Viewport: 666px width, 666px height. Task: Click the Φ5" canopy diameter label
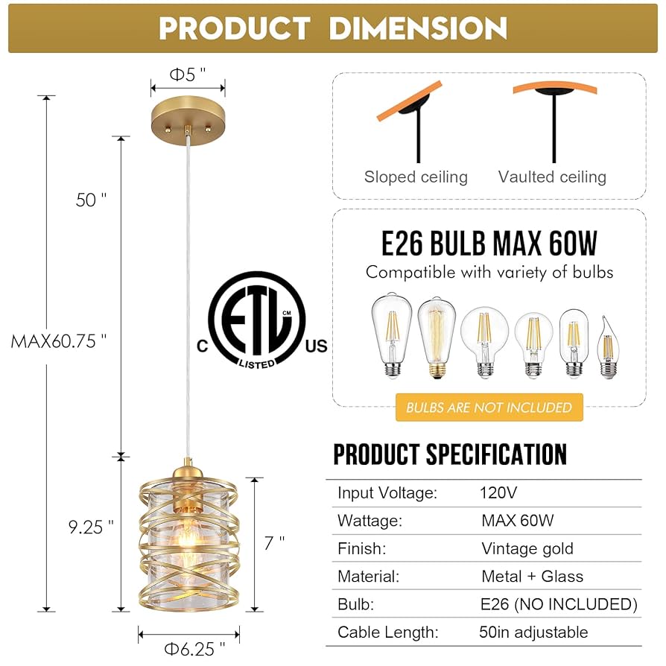tap(187, 74)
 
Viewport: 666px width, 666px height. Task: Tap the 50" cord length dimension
tap(91, 200)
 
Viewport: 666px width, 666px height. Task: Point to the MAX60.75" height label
tap(59, 342)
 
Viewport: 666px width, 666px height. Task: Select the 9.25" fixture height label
tap(91, 527)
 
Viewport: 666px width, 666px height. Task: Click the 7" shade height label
tap(274, 542)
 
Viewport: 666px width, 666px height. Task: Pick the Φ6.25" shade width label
tap(191, 649)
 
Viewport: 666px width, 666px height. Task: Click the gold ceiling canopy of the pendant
tap(188, 117)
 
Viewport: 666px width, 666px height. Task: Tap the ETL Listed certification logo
tap(257, 320)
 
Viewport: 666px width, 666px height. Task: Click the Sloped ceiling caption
tap(416, 177)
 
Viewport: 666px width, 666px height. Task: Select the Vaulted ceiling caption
tap(552, 177)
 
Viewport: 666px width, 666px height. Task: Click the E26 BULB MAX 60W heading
tap(489, 244)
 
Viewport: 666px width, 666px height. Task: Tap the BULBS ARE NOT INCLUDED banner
tap(489, 407)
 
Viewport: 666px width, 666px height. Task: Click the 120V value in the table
tap(498, 492)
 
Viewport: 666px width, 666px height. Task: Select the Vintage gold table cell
tap(527, 549)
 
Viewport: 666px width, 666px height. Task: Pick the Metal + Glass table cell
tap(532, 576)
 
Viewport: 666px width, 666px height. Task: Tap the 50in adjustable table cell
tap(533, 632)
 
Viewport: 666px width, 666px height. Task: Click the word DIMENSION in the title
tap(418, 28)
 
